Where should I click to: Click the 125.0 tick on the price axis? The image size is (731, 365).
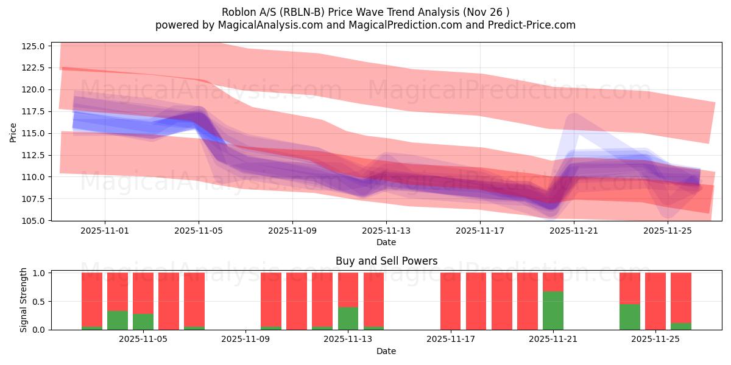pyautogui.click(x=34, y=46)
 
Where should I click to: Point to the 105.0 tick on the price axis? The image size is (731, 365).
pyautogui.click(x=34, y=221)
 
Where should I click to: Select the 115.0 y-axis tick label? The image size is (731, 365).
pyautogui.click(x=34, y=133)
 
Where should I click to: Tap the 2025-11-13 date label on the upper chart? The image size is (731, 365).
pyautogui.click(x=386, y=231)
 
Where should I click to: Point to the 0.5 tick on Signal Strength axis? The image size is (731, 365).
pyautogui.click(x=38, y=302)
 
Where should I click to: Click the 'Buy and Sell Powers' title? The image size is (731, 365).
pyautogui.click(x=386, y=261)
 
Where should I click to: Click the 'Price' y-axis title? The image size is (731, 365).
pyautogui.click(x=13, y=132)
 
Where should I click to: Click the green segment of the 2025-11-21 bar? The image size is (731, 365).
pyautogui.click(x=553, y=310)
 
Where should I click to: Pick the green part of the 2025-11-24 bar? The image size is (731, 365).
pyautogui.click(x=630, y=317)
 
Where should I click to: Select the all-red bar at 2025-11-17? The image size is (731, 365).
pyautogui.click(x=451, y=301)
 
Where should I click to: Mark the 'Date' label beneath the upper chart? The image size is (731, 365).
pyautogui.click(x=386, y=242)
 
